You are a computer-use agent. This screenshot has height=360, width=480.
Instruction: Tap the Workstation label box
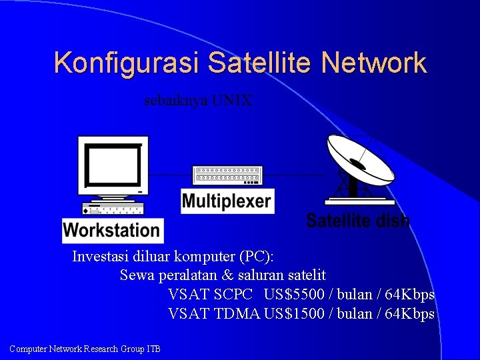pos(112,231)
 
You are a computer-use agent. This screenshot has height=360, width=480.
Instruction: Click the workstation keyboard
pos(112,211)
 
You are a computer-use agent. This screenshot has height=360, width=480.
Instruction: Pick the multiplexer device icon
pos(226,175)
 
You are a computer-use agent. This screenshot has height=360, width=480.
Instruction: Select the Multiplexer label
pos(227,201)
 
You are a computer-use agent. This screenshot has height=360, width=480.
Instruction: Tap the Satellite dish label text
pos(357,221)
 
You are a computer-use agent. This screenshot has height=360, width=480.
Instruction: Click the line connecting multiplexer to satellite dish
pos(293,175)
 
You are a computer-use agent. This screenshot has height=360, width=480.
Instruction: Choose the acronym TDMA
pos(237,313)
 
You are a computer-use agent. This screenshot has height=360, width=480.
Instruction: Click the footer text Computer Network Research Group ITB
pos(85,349)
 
